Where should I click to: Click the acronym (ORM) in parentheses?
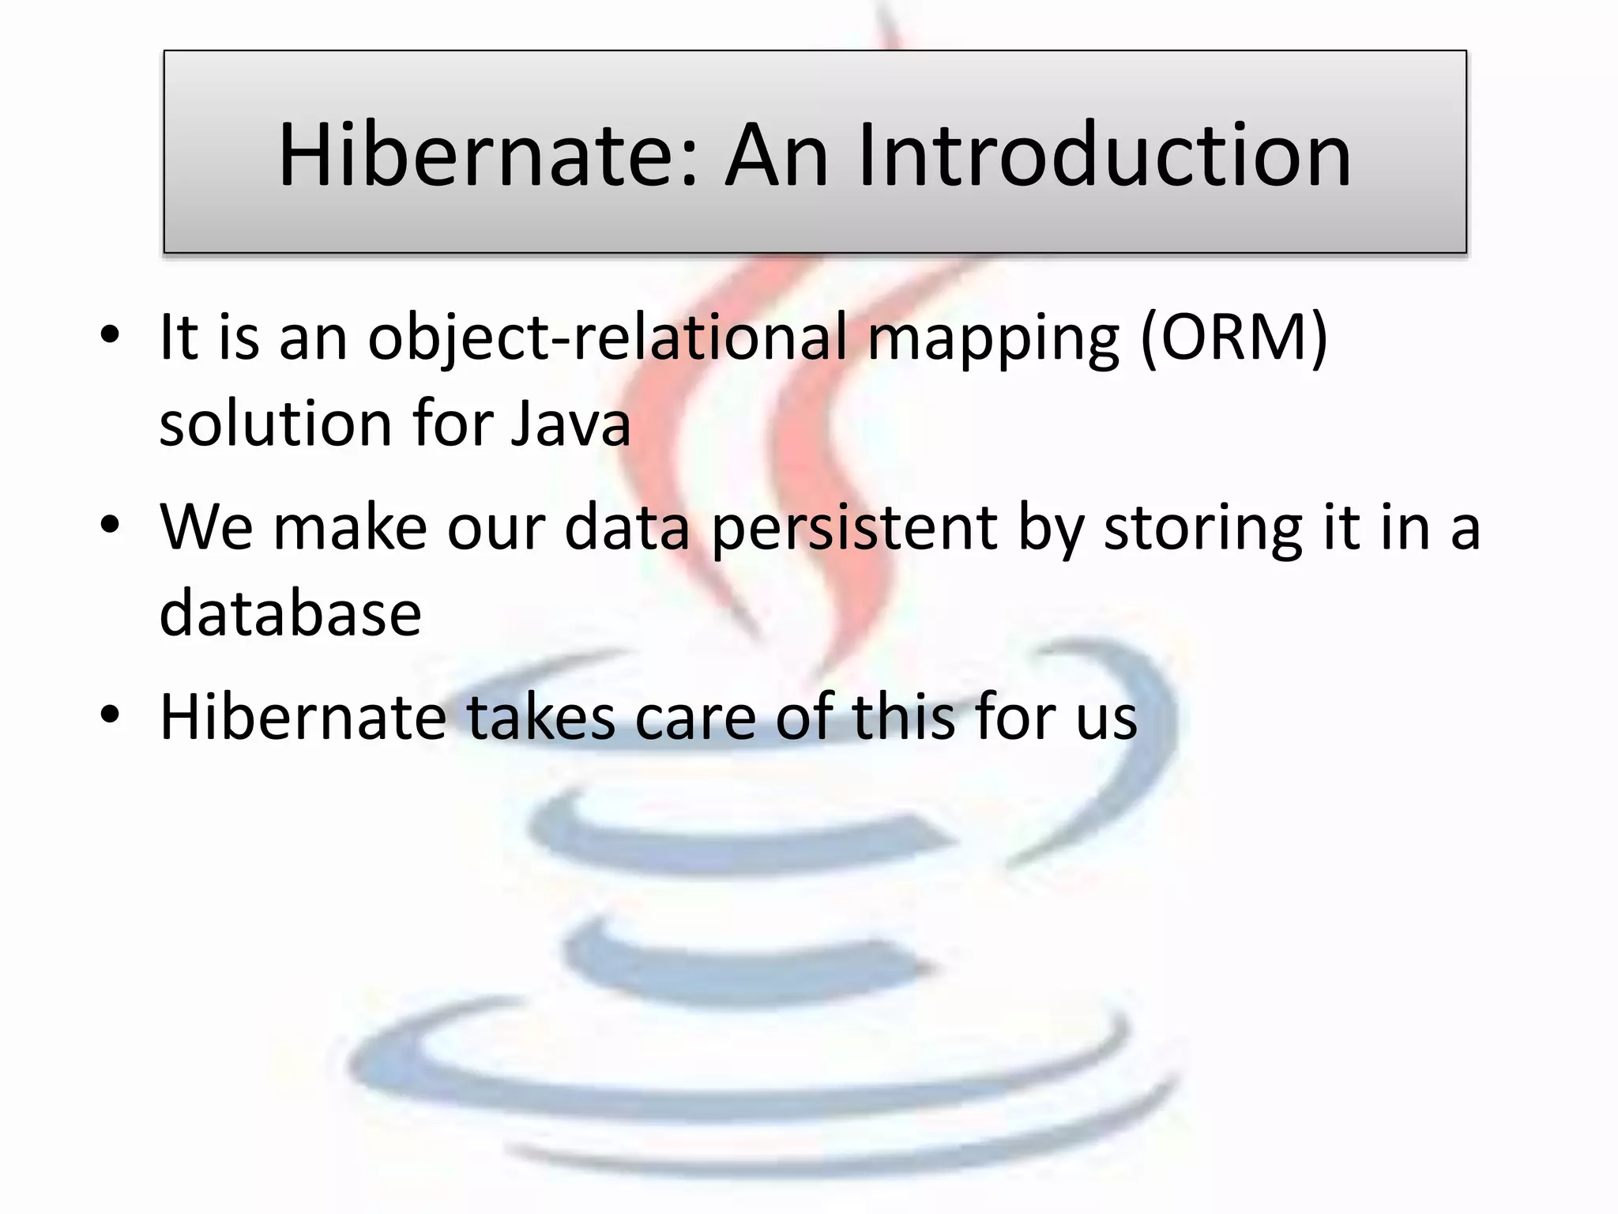(1234, 337)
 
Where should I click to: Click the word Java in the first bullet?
(570, 424)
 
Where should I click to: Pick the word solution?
(274, 424)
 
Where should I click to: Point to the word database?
(290, 613)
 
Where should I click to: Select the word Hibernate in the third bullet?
(303, 717)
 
